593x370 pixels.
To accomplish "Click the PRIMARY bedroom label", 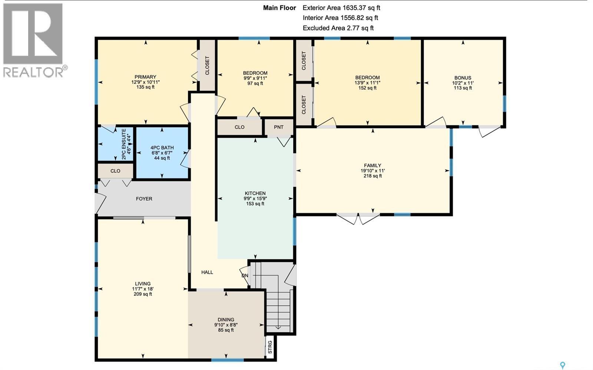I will [145, 77].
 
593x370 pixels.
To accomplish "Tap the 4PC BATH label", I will [162, 148].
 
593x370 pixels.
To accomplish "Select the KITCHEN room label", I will [255, 193].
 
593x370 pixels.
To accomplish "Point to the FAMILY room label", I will [372, 165].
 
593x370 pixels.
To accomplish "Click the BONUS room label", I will [463, 78].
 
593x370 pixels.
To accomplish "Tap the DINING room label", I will [226, 320].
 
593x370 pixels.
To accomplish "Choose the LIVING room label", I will [143, 284].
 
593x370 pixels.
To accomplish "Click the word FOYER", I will [144, 199].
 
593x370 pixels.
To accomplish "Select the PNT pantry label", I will [279, 127].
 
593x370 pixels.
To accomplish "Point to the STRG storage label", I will [270, 347].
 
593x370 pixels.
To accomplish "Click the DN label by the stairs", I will [245, 276].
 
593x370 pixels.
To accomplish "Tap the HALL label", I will [207, 272].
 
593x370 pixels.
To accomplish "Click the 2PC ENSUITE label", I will [124, 144].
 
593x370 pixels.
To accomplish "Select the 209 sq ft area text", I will [143, 294].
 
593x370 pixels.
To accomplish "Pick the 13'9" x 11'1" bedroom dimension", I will [367, 83].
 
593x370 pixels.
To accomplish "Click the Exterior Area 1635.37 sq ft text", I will [341, 8].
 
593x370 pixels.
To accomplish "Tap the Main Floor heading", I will [279, 8].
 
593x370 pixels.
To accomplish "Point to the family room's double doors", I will [358, 218].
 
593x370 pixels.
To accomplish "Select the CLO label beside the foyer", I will [115, 171].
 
